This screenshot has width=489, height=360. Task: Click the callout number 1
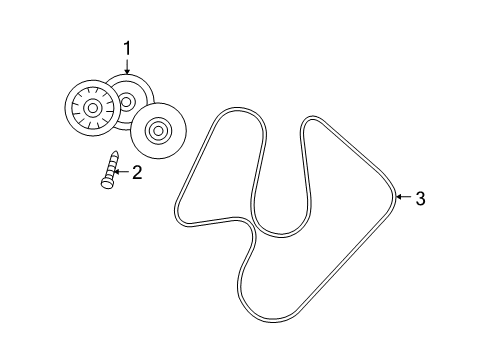(x=127, y=48)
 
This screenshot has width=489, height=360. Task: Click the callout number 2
(x=137, y=172)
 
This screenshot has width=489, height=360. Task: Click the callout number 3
(x=419, y=198)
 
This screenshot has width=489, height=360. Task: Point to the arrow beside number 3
(x=402, y=198)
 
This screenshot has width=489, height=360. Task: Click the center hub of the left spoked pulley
(x=91, y=107)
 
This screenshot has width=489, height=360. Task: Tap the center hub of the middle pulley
(x=127, y=101)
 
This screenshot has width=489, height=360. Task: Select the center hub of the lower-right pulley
(x=158, y=130)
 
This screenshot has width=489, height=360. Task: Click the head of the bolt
(x=103, y=183)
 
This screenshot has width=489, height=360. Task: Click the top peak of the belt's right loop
(x=313, y=121)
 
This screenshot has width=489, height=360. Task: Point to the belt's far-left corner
(x=178, y=211)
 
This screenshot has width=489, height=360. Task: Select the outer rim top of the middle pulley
(x=128, y=75)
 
